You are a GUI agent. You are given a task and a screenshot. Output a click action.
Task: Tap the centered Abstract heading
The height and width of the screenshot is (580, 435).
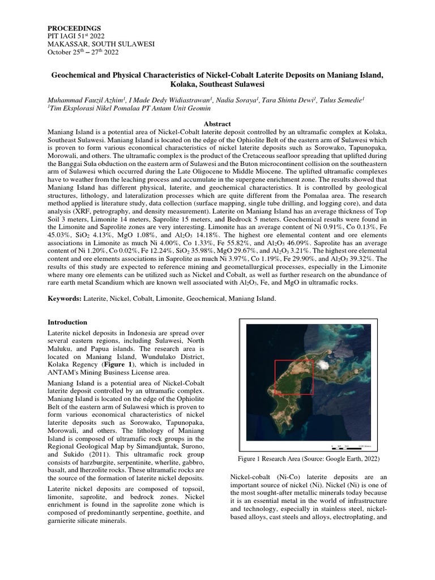point(217,123)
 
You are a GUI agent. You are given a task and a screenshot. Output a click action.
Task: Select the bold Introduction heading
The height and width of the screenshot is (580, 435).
point(67,322)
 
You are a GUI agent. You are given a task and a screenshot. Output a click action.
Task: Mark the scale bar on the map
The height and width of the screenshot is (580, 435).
point(351,445)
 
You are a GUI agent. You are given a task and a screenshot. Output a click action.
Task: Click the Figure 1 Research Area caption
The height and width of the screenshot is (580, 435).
point(309,458)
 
